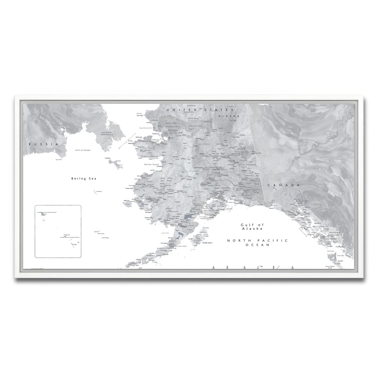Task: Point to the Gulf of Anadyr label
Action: coord(83,150)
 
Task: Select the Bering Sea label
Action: coord(84,179)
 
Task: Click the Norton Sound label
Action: coord(151,165)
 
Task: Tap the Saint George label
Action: coord(106,237)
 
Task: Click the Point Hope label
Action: coord(139,116)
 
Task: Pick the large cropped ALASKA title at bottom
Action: coord(253,268)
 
